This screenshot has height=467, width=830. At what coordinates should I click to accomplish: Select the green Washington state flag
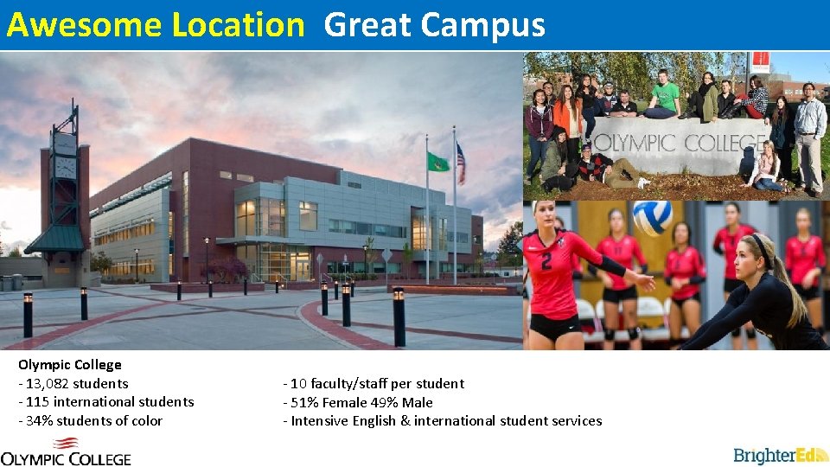point(437,162)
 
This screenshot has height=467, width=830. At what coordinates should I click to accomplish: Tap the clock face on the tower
point(65,167)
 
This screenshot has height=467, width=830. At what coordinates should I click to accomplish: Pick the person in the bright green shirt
point(665,95)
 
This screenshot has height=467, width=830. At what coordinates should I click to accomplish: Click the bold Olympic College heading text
point(69,365)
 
